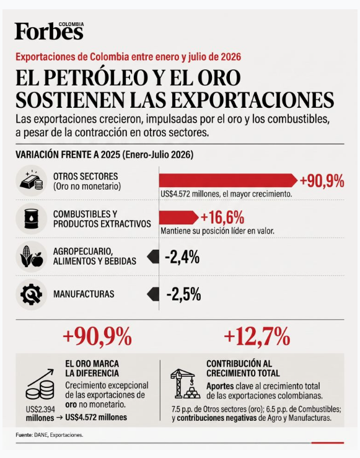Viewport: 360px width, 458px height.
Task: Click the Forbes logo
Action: tap(49, 31)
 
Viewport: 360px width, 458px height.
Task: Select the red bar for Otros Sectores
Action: tap(228, 180)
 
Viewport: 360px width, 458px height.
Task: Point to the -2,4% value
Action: tap(182, 257)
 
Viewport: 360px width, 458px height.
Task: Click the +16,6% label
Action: tap(222, 218)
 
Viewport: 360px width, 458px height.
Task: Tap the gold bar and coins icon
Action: tap(31, 180)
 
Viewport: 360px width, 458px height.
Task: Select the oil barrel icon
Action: tap(31, 219)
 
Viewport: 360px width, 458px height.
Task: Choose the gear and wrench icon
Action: tap(31, 294)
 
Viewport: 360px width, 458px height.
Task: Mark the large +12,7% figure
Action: tap(257, 337)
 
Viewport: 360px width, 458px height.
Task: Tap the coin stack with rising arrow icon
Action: tap(40, 384)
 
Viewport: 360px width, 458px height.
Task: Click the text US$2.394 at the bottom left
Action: tap(40, 410)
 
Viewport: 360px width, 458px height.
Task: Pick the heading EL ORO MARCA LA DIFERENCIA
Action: tap(92, 368)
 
